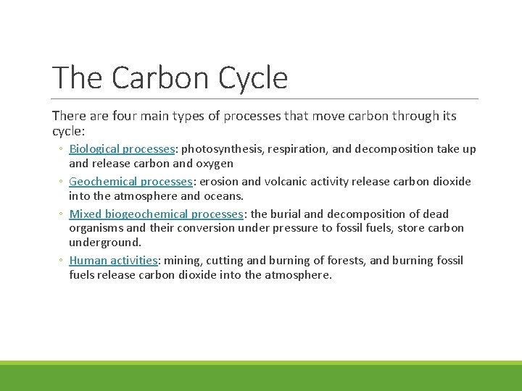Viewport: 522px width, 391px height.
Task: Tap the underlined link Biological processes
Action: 122,149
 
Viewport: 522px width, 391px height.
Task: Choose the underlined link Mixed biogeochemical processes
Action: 156,214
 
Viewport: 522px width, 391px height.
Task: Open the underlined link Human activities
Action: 113,261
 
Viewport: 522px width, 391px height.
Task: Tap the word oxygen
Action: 214,164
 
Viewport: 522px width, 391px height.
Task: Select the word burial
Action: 286,214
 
